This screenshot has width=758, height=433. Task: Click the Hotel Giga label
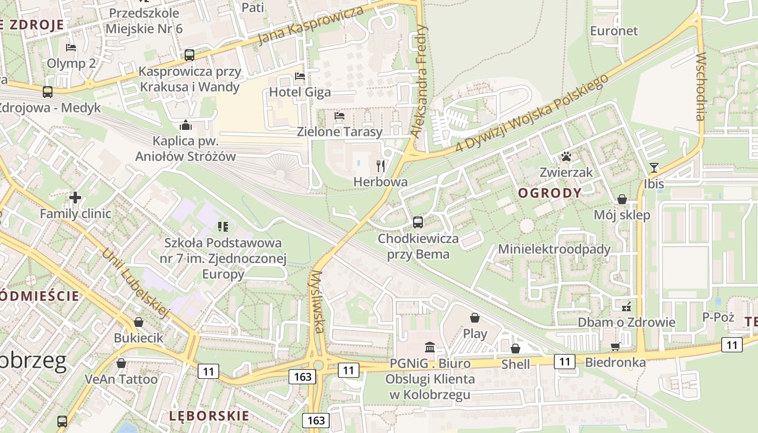tap(299, 92)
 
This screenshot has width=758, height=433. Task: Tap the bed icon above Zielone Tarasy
tap(339, 115)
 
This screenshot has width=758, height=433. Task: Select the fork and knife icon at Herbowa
tap(381, 166)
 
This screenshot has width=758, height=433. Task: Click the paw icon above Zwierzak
tap(566, 157)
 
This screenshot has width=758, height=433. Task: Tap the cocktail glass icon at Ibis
tap(654, 168)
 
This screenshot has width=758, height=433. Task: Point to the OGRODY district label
tap(550, 193)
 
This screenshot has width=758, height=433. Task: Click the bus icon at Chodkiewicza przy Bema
tap(417, 222)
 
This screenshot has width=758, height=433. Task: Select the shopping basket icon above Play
tap(475, 318)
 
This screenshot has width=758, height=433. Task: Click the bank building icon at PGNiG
tap(430, 347)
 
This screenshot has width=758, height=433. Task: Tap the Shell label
tap(515, 364)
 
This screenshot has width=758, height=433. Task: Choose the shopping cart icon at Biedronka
tap(615, 346)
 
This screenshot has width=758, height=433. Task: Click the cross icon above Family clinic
tap(75, 198)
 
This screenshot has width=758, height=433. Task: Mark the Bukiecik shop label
tap(138, 338)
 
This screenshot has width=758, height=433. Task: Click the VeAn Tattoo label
tap(121, 379)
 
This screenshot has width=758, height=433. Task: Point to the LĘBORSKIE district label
tap(209, 416)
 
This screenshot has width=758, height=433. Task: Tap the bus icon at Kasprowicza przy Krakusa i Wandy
tap(189, 55)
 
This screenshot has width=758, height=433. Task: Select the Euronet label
tap(614, 31)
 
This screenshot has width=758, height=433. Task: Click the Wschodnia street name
tap(701, 87)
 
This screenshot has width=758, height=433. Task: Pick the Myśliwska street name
tap(318, 301)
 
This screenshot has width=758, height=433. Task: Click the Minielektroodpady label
tap(554, 250)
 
